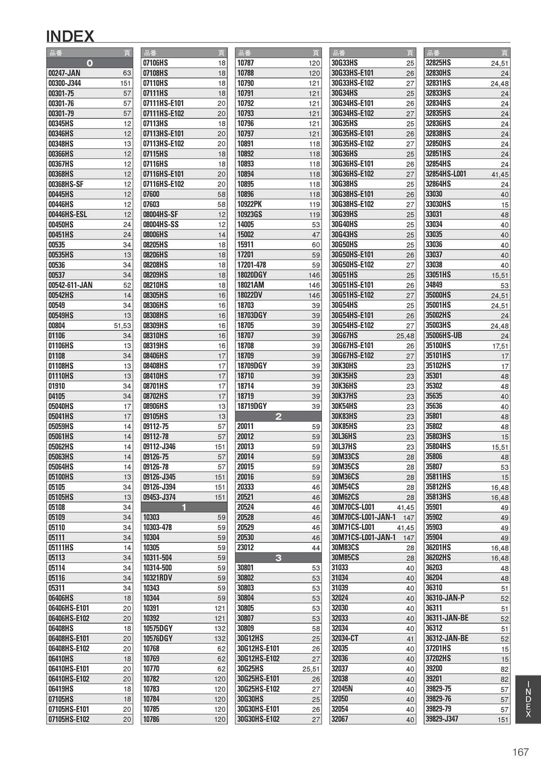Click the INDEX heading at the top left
70,37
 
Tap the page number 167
520,752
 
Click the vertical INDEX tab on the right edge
528,699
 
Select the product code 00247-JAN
64,73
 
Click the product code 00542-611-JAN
70,285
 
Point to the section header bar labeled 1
184,507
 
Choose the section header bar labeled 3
278,558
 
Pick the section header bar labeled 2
278,416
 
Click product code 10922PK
249,204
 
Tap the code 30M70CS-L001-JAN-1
363,517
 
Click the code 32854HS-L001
446,174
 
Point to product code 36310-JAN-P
445,598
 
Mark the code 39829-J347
442,719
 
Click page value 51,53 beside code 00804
122,326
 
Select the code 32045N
342,689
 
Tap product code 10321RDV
157,578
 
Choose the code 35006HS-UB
444,336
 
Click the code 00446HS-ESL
68,215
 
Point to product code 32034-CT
344,638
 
